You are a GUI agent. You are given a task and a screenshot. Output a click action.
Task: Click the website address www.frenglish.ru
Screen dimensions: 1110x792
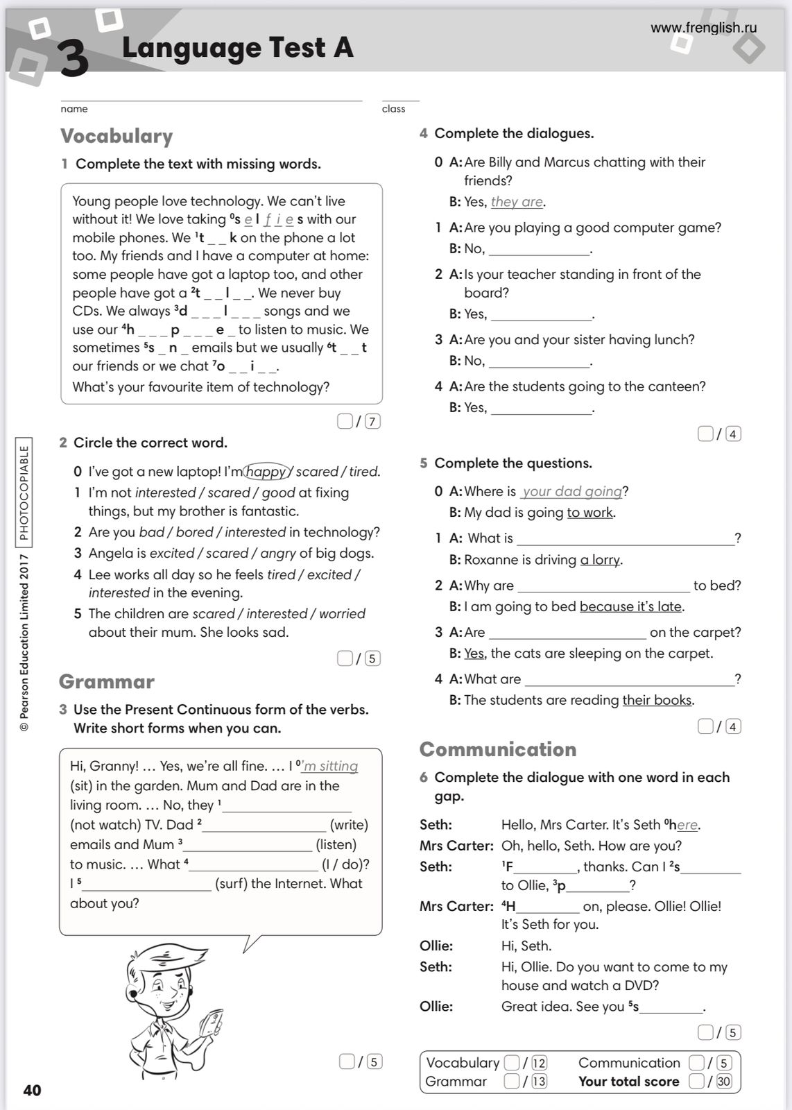pos(703,28)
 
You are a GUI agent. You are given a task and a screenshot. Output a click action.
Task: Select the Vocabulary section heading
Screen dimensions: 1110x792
pos(117,136)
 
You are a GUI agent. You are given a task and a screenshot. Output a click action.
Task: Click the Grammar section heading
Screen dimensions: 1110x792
pos(107,681)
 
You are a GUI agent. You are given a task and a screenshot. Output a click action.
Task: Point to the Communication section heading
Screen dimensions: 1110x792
pos(498,749)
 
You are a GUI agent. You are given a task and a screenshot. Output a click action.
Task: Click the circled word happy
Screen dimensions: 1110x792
pos(266,472)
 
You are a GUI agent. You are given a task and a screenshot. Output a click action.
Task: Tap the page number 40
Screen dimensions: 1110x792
pos(33,1090)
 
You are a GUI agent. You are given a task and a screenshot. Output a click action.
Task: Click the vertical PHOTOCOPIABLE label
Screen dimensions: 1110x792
pos(24,493)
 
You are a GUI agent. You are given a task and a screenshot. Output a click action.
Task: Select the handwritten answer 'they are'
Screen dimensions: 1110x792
pos(517,202)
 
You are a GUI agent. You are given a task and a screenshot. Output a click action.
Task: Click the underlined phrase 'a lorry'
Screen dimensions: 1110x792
pos(601,560)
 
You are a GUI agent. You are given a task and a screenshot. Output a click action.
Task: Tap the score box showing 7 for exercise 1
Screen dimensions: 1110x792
pos(372,421)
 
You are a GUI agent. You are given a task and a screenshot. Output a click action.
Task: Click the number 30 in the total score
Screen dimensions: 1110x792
pos(724,1081)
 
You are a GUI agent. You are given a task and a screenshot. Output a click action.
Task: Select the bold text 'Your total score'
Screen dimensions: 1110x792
pos(628,1081)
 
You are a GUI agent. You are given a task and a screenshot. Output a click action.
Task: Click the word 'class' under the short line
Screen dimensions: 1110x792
pos(393,109)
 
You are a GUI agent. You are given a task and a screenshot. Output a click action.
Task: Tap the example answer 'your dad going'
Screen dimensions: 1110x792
pos(572,491)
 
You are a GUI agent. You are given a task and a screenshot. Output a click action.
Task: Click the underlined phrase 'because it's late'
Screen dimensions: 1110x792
pos(631,606)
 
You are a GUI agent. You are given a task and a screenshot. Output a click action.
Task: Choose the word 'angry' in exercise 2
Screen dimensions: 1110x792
pos(278,553)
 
